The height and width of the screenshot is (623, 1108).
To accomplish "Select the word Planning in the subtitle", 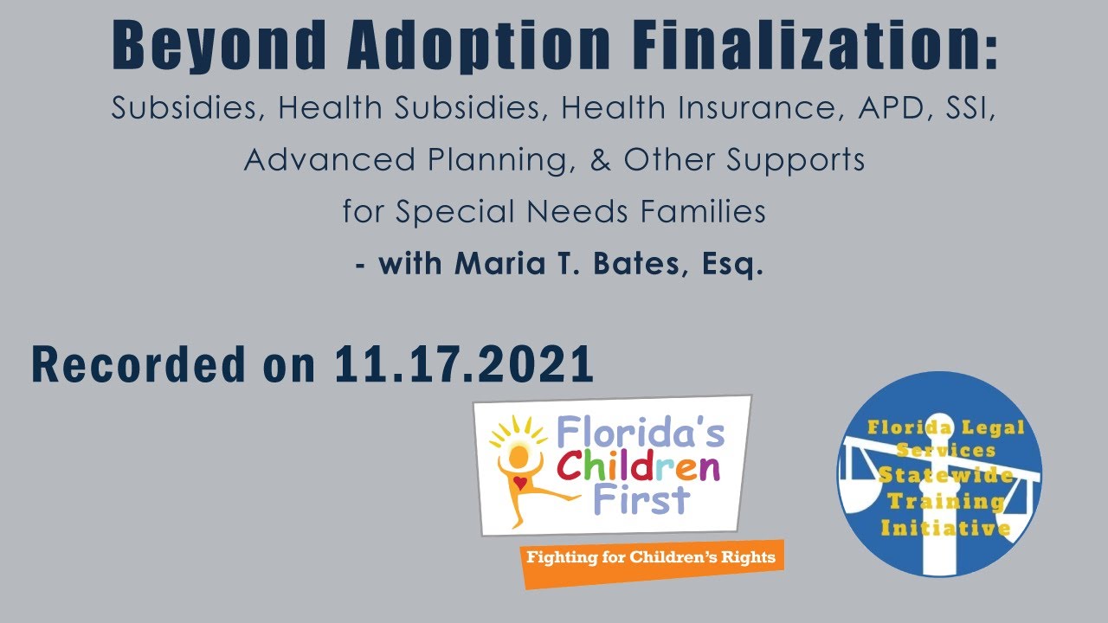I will (x=490, y=160).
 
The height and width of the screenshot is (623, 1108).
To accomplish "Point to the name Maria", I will (x=491, y=264).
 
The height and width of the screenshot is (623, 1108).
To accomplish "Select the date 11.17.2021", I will (x=464, y=365).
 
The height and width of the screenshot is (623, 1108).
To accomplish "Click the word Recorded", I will (x=138, y=365).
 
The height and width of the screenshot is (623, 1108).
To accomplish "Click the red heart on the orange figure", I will (x=519, y=480).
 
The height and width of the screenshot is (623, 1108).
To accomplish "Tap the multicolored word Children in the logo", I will (x=638, y=467).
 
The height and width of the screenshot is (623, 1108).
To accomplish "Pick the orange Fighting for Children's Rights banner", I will (x=651, y=558).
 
